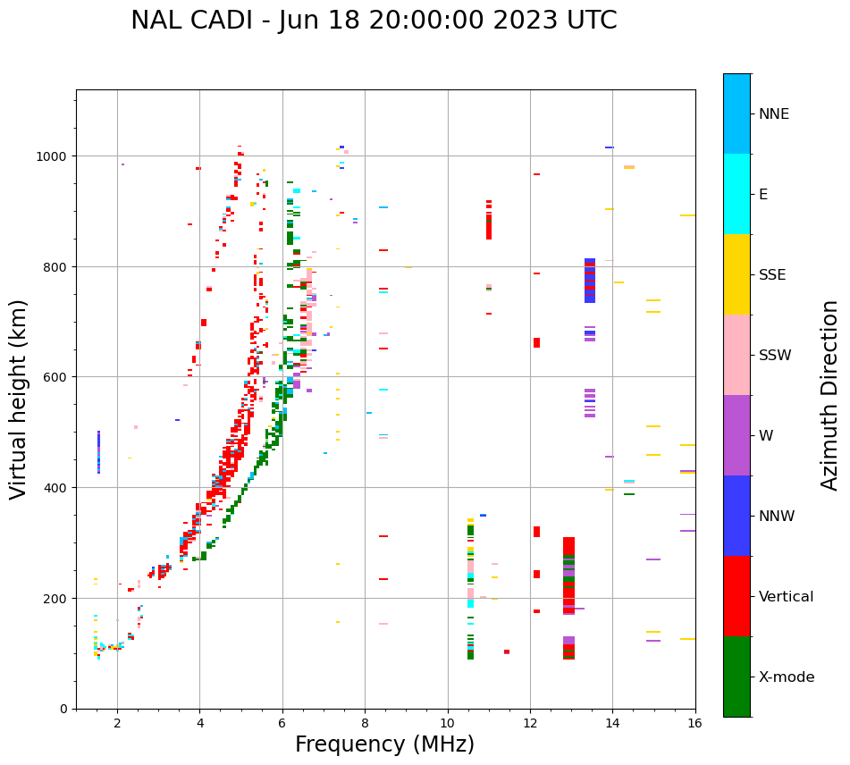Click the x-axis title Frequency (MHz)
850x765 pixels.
pyautogui.click(x=384, y=744)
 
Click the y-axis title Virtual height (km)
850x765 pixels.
pyautogui.click(x=19, y=399)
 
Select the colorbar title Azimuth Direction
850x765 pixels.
pyautogui.click(x=830, y=395)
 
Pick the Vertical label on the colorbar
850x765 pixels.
pyautogui.click(x=786, y=596)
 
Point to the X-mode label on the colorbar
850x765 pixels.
pyautogui.click(x=787, y=677)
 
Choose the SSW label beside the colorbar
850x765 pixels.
pyautogui.click(x=775, y=355)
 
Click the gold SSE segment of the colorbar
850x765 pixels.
pyautogui.click(x=736, y=274)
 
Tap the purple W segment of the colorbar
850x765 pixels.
pyautogui.click(x=736, y=435)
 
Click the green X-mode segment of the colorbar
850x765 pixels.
pyautogui.click(x=736, y=677)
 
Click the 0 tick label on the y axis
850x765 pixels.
pyautogui.click(x=64, y=709)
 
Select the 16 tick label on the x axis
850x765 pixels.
pyautogui.click(x=694, y=724)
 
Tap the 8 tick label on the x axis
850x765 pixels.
pyautogui.click(x=365, y=724)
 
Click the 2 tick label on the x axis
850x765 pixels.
pyautogui.click(x=117, y=724)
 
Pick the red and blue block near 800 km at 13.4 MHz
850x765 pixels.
pyautogui.click(x=590, y=280)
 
